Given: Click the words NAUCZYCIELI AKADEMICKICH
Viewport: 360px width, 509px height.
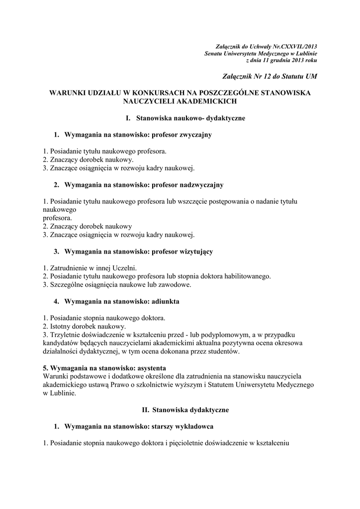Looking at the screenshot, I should click(x=180, y=101).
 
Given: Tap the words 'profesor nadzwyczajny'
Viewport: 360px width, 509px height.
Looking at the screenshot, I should click(x=187, y=185).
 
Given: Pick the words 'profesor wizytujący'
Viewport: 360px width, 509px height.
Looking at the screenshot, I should click(x=182, y=252).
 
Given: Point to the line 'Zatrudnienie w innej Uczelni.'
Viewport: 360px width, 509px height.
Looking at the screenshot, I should click(x=90, y=267).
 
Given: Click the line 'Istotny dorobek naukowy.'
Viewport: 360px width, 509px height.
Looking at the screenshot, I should click(x=85, y=326).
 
